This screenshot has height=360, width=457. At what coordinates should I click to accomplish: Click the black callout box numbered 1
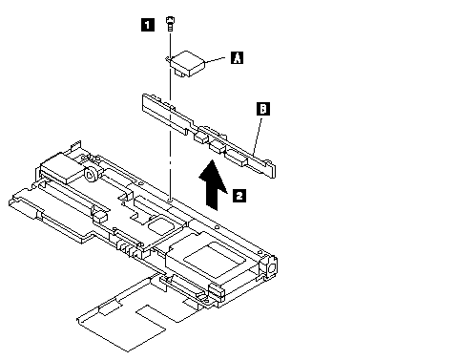point(147,25)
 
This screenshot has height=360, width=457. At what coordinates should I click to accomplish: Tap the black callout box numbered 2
point(239,196)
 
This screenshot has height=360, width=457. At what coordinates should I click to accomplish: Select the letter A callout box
point(237,57)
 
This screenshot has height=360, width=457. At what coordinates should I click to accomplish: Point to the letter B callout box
point(263,109)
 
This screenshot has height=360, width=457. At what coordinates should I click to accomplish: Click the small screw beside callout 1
point(171,23)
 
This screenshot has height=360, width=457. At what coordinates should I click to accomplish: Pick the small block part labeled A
point(187,63)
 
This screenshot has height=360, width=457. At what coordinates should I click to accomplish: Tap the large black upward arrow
point(213,184)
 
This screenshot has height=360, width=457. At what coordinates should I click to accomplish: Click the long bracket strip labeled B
point(208,136)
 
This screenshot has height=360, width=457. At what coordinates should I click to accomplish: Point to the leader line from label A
point(215,59)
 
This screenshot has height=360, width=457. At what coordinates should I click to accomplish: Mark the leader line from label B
point(258,137)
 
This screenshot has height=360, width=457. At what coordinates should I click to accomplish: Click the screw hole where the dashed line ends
point(171,201)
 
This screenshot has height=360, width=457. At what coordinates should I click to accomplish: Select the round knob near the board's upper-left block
point(92,174)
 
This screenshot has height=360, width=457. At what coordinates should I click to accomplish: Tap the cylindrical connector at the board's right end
point(270,266)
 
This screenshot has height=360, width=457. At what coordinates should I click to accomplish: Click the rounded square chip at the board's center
point(159,225)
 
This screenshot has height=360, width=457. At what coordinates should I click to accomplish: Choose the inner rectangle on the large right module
point(215,256)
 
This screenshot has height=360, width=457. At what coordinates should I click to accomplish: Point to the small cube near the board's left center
point(100,217)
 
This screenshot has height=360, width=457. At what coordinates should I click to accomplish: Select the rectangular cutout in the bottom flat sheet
point(151,318)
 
